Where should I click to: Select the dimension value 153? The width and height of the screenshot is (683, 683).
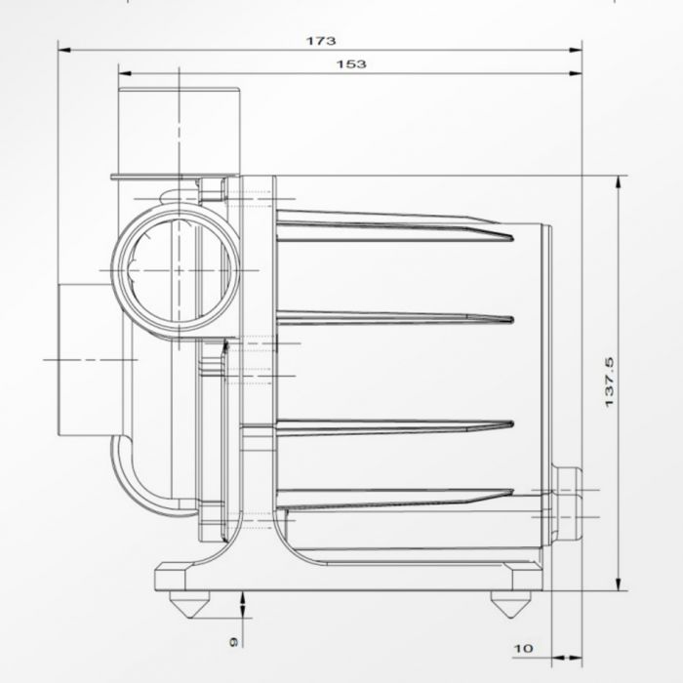351,64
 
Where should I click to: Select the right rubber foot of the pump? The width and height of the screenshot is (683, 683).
504,604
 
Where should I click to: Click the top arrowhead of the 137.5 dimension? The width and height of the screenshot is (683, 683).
621,181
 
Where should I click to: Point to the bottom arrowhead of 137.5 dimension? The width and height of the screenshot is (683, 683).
621,586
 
